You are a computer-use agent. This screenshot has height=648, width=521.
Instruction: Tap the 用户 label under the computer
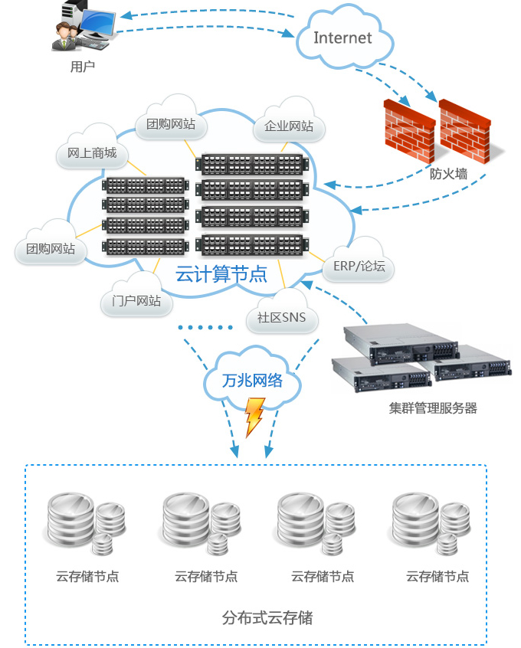click(82, 67)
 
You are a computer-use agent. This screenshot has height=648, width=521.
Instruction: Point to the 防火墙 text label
click(448, 173)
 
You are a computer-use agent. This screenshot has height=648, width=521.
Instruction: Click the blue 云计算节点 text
click(221, 273)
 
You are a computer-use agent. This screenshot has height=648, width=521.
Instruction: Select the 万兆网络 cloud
click(252, 380)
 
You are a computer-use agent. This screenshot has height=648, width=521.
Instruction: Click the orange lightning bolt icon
click(254, 419)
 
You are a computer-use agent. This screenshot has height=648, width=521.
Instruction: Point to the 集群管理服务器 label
click(433, 408)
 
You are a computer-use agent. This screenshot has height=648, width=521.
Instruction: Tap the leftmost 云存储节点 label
click(87, 577)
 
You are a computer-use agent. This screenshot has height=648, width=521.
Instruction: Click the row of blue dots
click(205, 327)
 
